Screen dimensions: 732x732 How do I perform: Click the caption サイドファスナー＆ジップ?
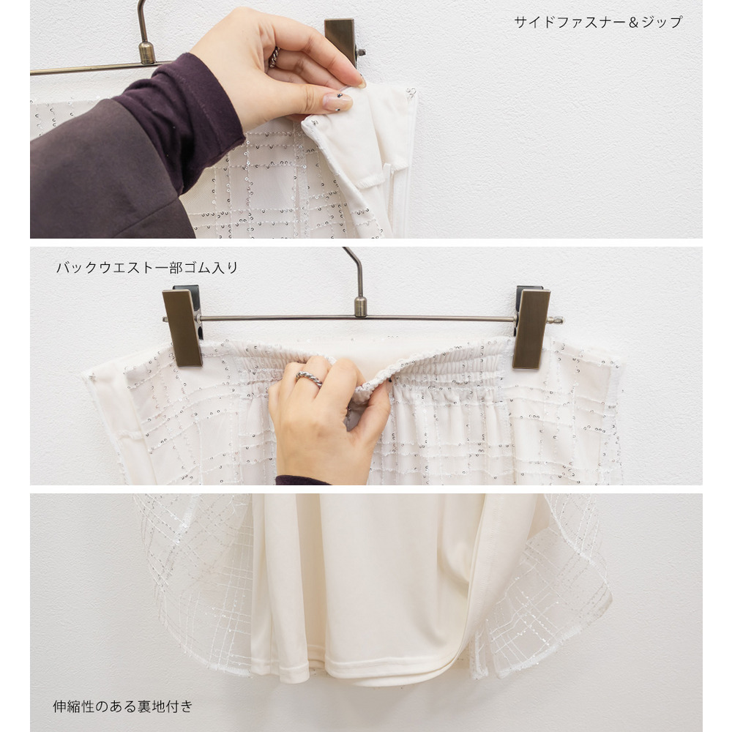pyautogui.click(x=598, y=22)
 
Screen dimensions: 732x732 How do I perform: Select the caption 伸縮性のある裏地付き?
pyautogui.click(x=123, y=706)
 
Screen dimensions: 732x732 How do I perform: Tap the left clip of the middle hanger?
pyautogui.click(x=182, y=326)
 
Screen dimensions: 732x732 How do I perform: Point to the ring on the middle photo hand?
pyautogui.click(x=309, y=378)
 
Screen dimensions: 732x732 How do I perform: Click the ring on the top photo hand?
pyautogui.click(x=274, y=57)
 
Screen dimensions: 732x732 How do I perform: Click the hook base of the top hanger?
pyautogui.click(x=146, y=52)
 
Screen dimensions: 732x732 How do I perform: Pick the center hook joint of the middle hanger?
pyautogui.click(x=360, y=306)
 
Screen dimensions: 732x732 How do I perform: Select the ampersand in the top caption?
pyautogui.click(x=633, y=22)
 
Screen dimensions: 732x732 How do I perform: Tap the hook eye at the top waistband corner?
pyautogui.click(x=411, y=91)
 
